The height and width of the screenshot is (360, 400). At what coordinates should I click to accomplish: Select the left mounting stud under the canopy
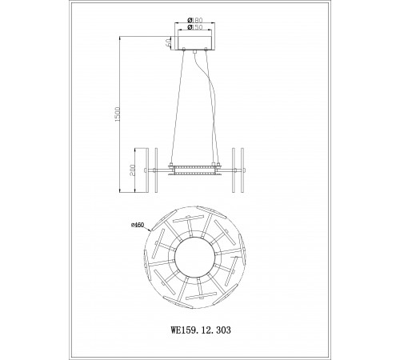click(185, 52)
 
